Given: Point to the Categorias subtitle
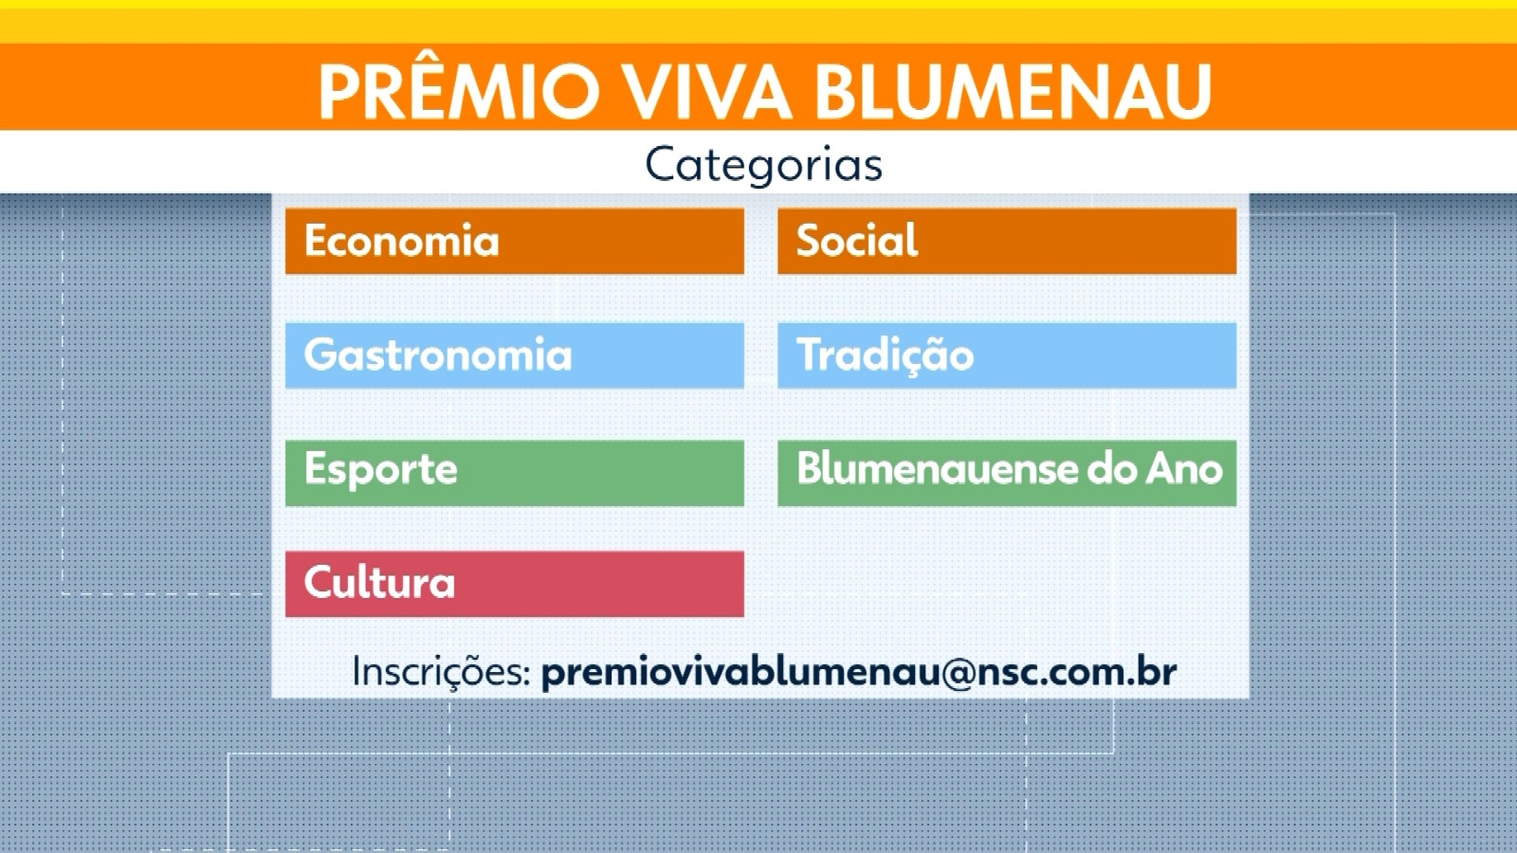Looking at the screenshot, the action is coord(764,165).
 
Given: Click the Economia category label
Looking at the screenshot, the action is coord(402,241).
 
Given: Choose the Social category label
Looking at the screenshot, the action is coord(857,240).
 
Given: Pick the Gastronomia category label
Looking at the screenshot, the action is coord(438,354).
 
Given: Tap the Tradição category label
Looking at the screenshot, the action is coord(886,354).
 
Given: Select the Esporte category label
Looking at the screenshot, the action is coord(380,470).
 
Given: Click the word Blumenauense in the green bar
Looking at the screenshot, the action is coord(938,468).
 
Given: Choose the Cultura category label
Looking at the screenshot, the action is coord(379,582).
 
